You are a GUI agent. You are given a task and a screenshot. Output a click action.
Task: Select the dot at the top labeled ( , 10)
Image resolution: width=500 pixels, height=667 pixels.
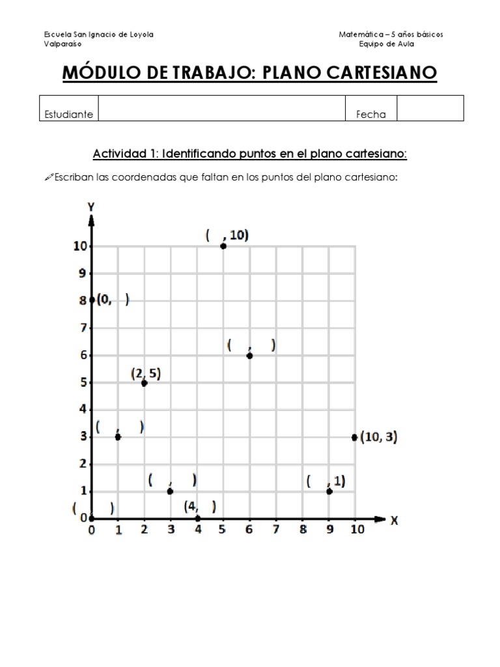pos(223,246)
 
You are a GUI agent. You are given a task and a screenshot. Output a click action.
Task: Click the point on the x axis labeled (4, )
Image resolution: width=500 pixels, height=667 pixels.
pos(198,518)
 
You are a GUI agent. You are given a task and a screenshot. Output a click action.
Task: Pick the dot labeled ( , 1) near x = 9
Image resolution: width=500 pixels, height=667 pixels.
pos(329,491)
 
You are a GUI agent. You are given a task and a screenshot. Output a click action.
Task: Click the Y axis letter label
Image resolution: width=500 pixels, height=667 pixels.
pos(91,207)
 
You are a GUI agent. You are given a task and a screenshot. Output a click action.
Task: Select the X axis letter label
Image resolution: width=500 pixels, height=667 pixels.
pos(395,520)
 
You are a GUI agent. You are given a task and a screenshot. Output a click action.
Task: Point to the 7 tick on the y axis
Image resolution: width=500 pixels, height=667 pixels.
pos(83,328)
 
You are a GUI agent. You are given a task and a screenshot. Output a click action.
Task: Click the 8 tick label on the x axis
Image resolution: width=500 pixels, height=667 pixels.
pos(303,530)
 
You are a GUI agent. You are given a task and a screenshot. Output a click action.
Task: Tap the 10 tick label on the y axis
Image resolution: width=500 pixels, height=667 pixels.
pos(79,246)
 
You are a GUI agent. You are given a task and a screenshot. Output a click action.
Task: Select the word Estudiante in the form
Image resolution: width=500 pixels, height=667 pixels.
pos(68,115)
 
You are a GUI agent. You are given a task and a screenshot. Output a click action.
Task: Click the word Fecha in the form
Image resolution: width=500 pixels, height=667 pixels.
pos(370,115)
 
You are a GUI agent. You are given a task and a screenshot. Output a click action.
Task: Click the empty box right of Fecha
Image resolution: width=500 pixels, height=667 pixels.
pos(430,108)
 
